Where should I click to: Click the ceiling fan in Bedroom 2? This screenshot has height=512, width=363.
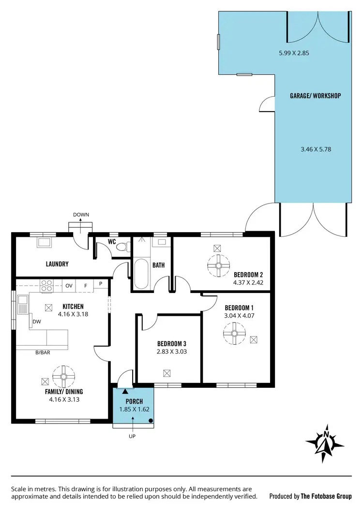point(218,265)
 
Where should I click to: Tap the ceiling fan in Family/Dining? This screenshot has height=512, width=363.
point(63,376)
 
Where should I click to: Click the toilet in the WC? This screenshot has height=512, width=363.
point(123,248)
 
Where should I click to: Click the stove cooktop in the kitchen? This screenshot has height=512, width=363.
point(47,286)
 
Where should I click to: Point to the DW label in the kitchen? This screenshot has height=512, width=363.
point(36,322)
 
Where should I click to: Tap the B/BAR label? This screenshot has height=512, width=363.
point(43,352)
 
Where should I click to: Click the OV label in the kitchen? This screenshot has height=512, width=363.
point(69,286)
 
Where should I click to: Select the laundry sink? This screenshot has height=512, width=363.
point(46,243)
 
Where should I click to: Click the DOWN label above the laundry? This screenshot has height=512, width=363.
point(81,215)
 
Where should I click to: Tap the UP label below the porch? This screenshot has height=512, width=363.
point(132,436)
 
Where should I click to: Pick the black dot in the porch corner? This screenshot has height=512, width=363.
point(151,421)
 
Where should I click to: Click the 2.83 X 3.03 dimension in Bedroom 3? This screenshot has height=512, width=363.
point(172,352)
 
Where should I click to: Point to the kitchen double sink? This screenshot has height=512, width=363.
point(23,306)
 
